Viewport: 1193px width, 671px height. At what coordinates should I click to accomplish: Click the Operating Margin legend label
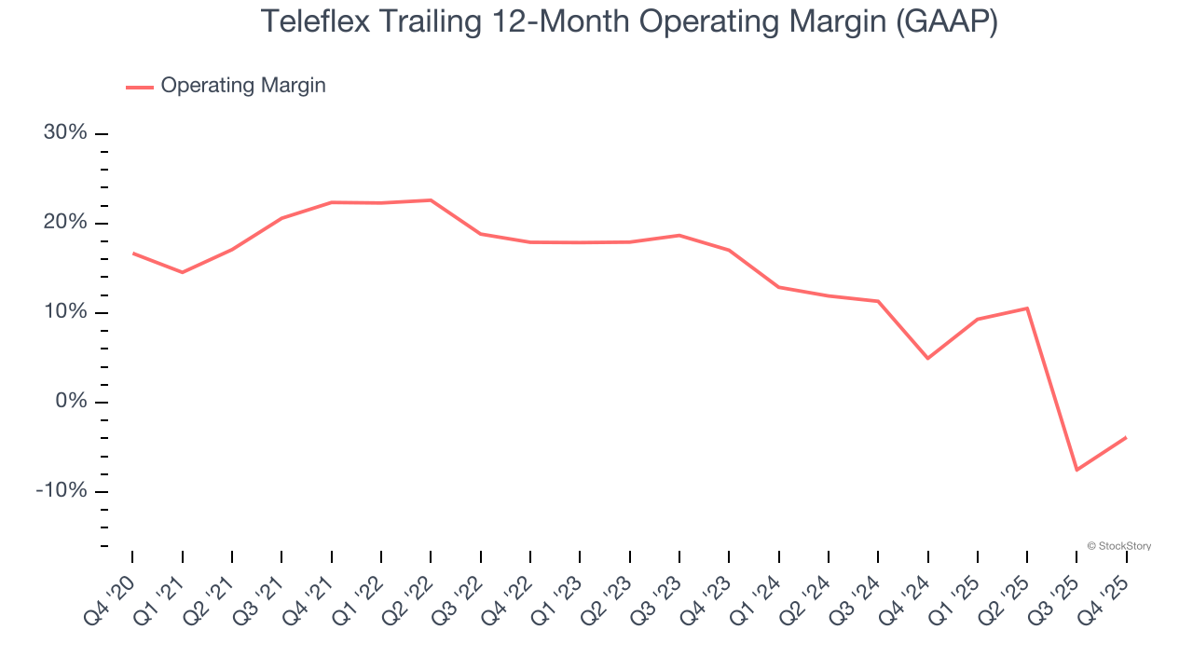pos(242,86)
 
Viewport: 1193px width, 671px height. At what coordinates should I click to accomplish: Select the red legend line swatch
pos(140,87)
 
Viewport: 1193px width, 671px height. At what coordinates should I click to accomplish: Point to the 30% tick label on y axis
pos(65,133)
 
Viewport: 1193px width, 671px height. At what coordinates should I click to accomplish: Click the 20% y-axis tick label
pos(65,223)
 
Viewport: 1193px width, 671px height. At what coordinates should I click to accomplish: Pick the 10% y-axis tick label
pos(65,312)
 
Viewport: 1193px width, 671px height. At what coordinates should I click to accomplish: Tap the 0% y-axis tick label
pos(71,402)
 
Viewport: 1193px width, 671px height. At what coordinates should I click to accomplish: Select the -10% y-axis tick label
pos(62,491)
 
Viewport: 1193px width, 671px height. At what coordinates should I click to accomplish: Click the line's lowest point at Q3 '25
pos(1076,470)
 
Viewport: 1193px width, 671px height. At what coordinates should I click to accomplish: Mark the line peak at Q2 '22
pos(431,200)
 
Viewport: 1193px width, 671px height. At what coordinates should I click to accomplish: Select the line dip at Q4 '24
pos(927,358)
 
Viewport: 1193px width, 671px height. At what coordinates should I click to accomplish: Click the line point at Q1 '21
pos(182,272)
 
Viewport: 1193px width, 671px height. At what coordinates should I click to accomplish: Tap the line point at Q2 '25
pos(1027,308)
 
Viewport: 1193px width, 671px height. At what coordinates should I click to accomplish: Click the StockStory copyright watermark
pos(1118,546)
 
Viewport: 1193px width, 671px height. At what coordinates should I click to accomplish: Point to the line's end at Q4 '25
pos(1126,437)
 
